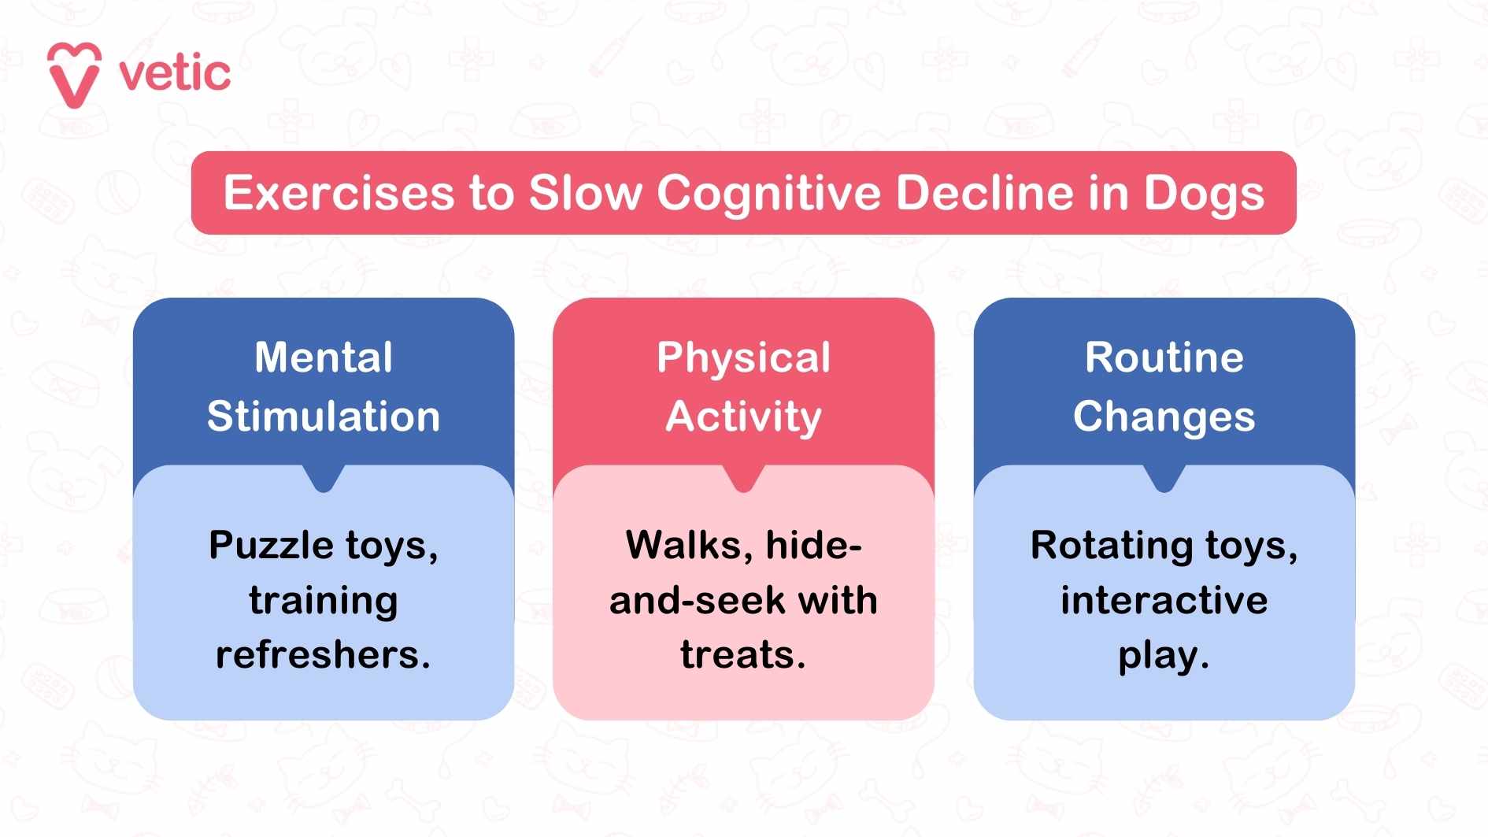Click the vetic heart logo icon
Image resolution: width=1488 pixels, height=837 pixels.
click(x=74, y=75)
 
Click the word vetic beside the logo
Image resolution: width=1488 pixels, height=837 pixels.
click(x=175, y=74)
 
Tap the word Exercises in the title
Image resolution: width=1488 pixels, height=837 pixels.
click(x=339, y=193)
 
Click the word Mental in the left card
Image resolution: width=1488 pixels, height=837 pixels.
click(x=324, y=357)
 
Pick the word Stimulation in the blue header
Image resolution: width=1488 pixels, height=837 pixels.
click(x=324, y=417)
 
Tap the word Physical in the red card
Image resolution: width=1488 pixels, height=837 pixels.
click(x=743, y=359)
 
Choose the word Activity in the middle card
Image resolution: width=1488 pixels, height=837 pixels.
click(x=743, y=417)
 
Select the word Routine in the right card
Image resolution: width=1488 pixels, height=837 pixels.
click(x=1164, y=357)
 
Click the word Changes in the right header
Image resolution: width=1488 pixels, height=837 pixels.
click(x=1164, y=417)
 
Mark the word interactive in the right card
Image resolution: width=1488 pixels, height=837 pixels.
click(x=1164, y=600)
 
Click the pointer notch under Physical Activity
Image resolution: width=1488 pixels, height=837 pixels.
click(x=743, y=479)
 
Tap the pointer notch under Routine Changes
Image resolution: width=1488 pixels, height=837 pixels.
click(x=1164, y=479)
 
